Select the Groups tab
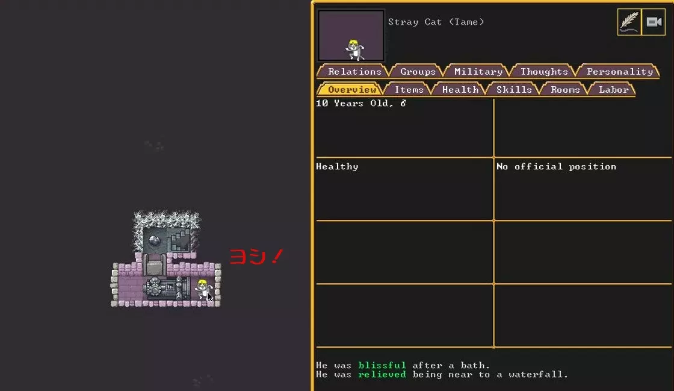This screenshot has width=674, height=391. point(418,72)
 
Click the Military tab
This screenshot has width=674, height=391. point(478,72)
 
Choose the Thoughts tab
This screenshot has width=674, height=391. point(544,72)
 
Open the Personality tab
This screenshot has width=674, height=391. point(619,72)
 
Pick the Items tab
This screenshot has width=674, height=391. point(409,90)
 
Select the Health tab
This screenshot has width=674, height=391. point(460,90)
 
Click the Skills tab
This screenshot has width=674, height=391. point(514,90)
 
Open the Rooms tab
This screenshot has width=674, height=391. point(565,90)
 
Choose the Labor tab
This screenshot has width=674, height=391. point(613,90)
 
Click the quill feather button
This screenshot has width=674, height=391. point(629,22)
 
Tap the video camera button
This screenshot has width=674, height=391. point(654,22)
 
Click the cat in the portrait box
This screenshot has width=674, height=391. point(354,49)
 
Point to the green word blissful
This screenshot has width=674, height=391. point(382,365)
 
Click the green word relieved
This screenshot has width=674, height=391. point(382,374)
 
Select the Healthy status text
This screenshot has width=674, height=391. point(337,166)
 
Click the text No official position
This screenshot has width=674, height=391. point(556,166)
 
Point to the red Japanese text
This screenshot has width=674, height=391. point(256,257)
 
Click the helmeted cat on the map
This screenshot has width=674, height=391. point(203,289)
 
